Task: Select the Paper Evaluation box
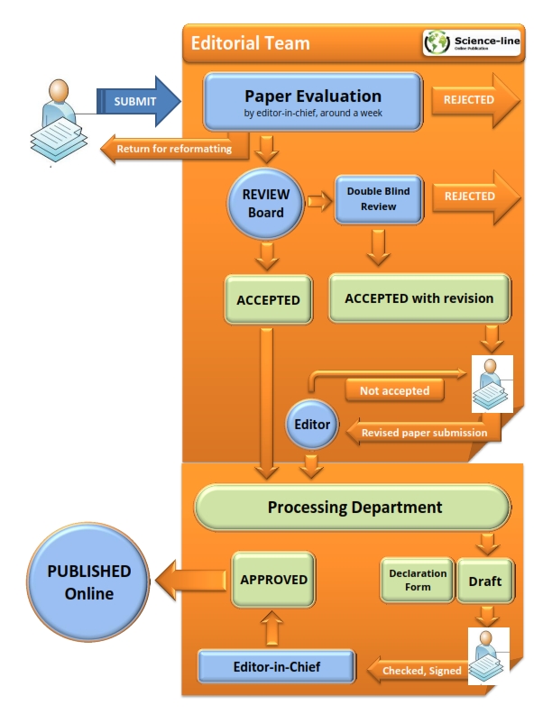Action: coord(312,101)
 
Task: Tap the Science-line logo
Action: coord(472,43)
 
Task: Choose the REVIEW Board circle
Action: coord(266,204)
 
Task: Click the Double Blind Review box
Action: coord(379,199)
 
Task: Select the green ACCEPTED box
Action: coord(266,298)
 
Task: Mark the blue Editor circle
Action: coord(311,423)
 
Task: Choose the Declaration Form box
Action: coord(418,580)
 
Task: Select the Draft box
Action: coord(485,581)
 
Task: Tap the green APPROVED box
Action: coord(274,580)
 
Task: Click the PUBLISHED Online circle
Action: coord(88,581)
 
